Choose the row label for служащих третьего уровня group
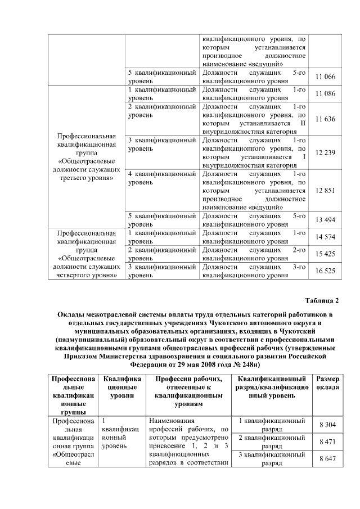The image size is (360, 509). (x=87, y=157)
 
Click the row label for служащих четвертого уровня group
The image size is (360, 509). (x=87, y=254)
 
